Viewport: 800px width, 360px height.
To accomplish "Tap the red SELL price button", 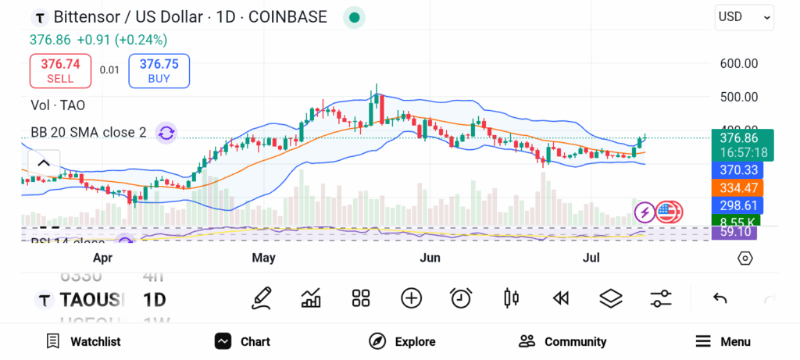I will tap(60, 70).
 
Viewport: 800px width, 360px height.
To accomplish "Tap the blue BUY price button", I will tap(159, 70).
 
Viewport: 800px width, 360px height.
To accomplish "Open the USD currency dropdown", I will tap(744, 16).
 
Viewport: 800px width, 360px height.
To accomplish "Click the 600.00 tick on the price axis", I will tap(738, 63).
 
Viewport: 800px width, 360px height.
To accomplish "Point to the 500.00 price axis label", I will tap(738, 97).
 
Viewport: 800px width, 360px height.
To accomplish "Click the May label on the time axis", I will tap(264, 257).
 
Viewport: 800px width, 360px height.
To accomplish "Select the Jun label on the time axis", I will tap(430, 257).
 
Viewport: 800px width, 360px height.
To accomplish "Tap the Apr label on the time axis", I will tap(103, 257).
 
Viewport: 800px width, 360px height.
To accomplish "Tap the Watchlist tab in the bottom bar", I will tap(84, 341).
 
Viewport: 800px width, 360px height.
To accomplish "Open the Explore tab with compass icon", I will tap(402, 341).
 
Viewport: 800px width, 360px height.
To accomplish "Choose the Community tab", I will tap(562, 341).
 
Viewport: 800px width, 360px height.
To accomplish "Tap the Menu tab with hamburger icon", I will tap(723, 341).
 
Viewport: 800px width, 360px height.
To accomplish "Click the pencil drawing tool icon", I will tap(262, 298).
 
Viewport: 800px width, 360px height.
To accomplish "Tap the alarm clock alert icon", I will tap(461, 298).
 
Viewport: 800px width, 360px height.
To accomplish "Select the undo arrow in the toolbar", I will tap(720, 298).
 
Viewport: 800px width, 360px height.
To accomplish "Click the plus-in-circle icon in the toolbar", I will tap(411, 298).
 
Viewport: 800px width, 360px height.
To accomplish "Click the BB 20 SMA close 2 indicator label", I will tap(88, 133).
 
